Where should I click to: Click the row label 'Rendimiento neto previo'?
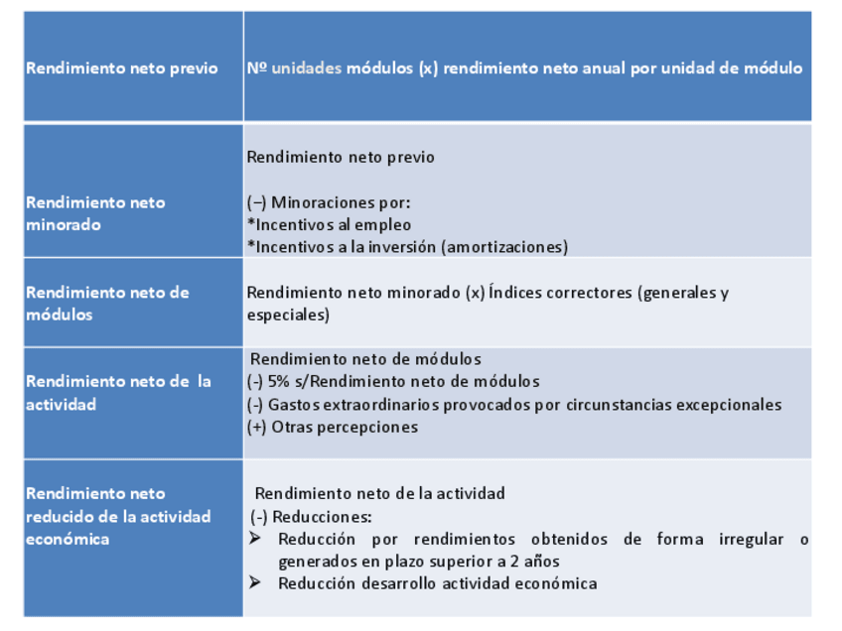click(x=121, y=68)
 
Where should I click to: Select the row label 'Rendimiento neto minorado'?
click(x=95, y=213)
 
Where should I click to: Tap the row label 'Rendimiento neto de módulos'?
click(x=107, y=303)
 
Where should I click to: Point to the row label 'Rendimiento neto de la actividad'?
click(x=118, y=392)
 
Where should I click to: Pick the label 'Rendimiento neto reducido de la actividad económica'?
click(x=118, y=516)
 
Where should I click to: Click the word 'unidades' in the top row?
click(x=307, y=68)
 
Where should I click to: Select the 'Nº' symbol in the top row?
click(x=257, y=68)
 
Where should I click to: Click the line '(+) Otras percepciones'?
click(x=333, y=427)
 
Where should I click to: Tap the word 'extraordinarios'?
click(x=388, y=404)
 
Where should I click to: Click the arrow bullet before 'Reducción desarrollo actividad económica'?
click(x=255, y=582)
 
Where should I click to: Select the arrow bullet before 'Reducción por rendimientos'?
click(x=255, y=539)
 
